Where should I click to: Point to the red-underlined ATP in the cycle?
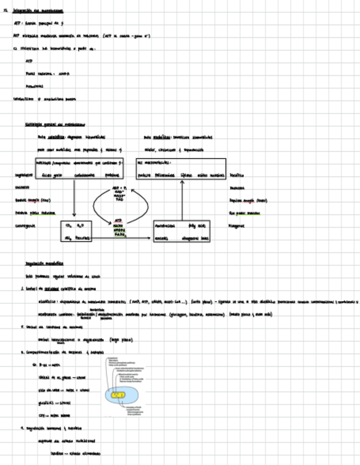pos(119,220)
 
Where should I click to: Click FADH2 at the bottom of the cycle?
pos(120,235)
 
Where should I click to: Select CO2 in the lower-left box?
pos(69,225)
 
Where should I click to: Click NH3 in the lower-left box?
pos(68,239)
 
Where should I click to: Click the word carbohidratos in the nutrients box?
pos(82,175)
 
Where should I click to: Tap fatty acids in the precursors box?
pos(196,225)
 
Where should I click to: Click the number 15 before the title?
pos(5,10)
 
